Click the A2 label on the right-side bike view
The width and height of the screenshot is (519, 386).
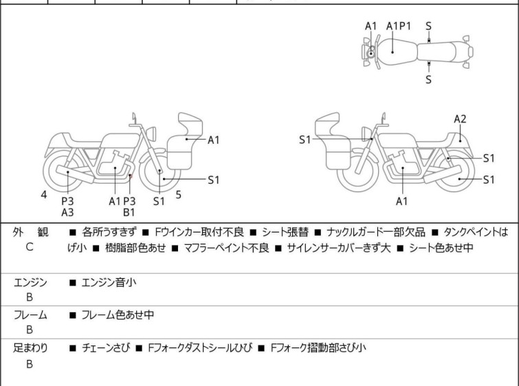click(460, 119)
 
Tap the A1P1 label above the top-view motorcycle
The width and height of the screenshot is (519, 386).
click(398, 26)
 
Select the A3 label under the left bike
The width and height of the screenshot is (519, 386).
click(67, 213)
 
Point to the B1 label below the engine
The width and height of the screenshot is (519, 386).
click(129, 213)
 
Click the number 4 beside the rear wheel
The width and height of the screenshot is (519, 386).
click(44, 195)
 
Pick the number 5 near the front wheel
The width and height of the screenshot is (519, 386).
click(178, 195)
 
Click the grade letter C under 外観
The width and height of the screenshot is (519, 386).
click(29, 246)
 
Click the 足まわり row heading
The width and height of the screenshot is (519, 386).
click(30, 348)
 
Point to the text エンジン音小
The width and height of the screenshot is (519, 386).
click(107, 282)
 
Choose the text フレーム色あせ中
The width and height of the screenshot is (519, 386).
click(118, 315)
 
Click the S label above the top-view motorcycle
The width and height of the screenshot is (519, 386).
click(428, 26)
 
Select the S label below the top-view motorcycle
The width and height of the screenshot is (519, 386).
click(428, 80)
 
